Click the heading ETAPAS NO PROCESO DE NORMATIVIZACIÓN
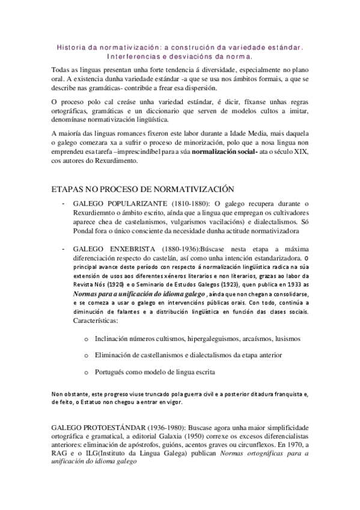[142, 189]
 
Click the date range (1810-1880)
[187, 204]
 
